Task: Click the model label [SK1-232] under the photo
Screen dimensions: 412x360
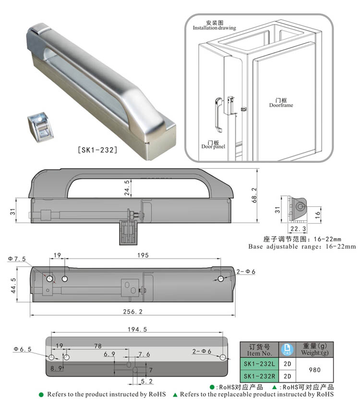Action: pos(97,150)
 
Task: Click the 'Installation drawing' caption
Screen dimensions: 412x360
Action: pos(215,25)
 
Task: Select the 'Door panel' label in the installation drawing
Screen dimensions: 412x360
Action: pos(213,144)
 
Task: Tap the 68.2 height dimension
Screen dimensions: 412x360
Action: pos(254,195)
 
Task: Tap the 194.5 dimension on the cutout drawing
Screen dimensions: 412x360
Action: pos(138,330)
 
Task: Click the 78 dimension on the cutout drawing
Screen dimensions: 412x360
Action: pos(97,346)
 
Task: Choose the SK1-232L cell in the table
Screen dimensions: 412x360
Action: pos(260,364)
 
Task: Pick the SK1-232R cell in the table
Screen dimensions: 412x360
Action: pos(260,376)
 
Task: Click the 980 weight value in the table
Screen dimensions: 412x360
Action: pos(314,370)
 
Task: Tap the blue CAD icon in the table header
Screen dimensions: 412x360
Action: pos(288,349)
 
